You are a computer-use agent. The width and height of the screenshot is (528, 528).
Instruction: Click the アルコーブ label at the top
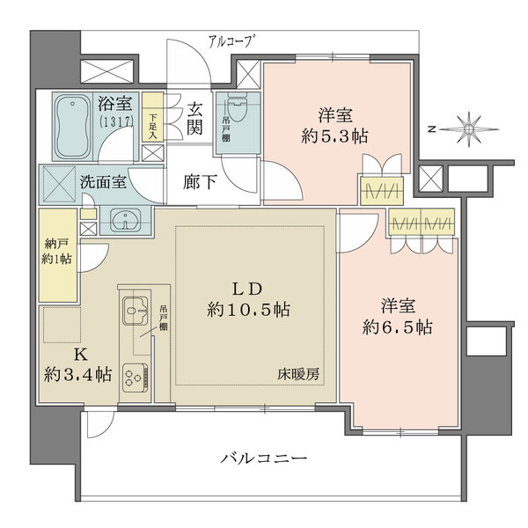tap(231, 42)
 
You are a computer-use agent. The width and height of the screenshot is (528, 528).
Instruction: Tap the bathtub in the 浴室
tap(73, 126)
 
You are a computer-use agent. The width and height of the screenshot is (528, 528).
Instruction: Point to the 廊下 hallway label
tap(200, 182)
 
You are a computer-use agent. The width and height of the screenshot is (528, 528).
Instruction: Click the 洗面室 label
tap(103, 181)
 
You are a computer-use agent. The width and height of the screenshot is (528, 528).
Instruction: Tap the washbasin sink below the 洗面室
tap(125, 221)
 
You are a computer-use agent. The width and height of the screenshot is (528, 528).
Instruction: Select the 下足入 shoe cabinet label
tap(153, 126)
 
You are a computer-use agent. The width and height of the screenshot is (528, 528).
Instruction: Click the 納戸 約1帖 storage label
tap(56, 251)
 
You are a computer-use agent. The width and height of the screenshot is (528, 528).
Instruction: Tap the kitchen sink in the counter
tap(135, 310)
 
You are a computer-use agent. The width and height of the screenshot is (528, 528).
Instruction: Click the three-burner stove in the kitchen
tap(135, 378)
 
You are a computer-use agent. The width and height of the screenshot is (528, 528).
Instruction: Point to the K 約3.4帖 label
tap(77, 364)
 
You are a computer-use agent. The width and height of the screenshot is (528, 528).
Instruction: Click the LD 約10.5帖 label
tap(248, 299)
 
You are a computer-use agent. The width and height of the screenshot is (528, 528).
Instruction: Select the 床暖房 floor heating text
tap(298, 374)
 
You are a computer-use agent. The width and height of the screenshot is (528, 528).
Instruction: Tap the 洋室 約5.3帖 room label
tap(334, 126)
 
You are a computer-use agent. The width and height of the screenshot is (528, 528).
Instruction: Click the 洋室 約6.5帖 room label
tap(398, 317)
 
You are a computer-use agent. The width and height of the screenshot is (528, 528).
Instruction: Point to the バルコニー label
tap(264, 458)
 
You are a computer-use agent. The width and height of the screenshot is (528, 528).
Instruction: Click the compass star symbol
tap(468, 129)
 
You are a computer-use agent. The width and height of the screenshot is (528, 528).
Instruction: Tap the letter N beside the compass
tap(431, 129)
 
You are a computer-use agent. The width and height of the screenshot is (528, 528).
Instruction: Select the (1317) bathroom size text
tap(116, 121)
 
